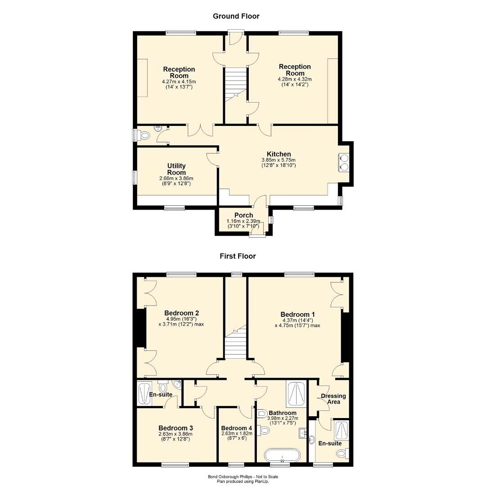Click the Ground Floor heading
tap(236, 16)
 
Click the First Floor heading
tap(238, 256)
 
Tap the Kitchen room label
tap(279, 154)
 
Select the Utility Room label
tap(176, 169)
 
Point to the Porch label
tap(243, 215)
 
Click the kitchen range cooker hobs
tap(344, 162)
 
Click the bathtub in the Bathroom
tap(282, 455)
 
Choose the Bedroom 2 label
tap(181, 313)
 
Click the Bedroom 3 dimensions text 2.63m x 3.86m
tap(175, 434)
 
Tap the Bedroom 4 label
tap(237, 428)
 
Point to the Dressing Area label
tap(333, 399)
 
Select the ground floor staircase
tap(235, 83)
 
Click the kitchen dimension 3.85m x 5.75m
tap(279, 160)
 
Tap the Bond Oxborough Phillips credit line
tap(243, 477)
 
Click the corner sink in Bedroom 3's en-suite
tap(177, 384)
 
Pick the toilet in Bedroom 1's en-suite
tap(343, 454)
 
